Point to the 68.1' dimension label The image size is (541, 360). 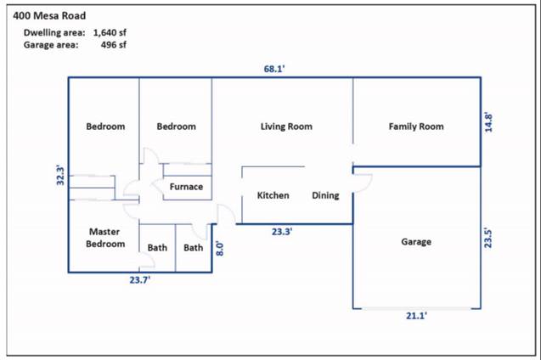click(x=273, y=70)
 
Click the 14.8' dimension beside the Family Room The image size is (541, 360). click(x=487, y=121)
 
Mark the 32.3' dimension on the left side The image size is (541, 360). click(x=59, y=175)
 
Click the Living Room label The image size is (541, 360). click(x=286, y=127)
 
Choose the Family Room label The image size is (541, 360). click(x=416, y=127)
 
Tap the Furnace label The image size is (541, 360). click(x=186, y=187)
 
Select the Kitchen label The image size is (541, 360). click(x=273, y=195)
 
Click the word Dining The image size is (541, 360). click(x=325, y=195)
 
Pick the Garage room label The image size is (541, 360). click(x=416, y=242)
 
